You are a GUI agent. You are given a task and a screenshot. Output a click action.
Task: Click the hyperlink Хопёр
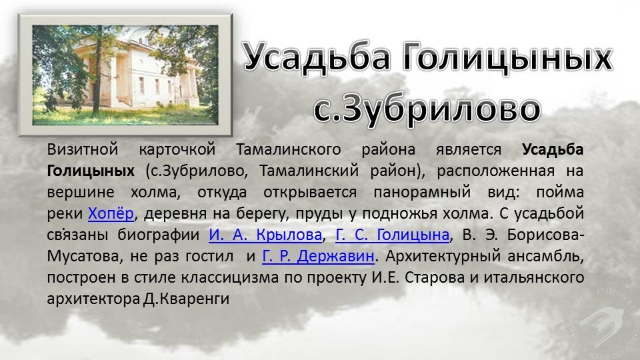(x=111, y=213)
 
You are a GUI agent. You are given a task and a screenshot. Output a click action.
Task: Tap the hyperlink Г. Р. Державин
(x=318, y=256)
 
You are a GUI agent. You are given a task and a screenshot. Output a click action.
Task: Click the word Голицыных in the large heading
(x=507, y=57)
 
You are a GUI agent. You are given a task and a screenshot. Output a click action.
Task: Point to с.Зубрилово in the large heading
(x=427, y=108)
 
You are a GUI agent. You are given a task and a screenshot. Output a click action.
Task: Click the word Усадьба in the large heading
(x=317, y=57)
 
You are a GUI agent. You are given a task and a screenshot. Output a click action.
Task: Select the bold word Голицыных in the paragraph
(x=91, y=171)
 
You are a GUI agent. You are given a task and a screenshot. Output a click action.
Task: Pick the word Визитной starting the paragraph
(x=83, y=149)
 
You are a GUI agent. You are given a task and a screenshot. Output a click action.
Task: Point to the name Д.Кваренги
(x=186, y=299)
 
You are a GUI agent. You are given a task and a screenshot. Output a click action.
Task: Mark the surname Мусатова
(x=85, y=256)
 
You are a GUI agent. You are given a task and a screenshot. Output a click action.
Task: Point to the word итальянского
(x=534, y=277)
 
